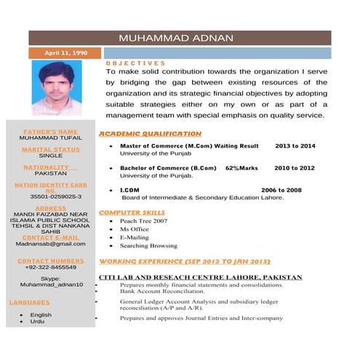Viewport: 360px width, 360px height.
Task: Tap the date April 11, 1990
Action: pyautogui.click(x=65, y=53)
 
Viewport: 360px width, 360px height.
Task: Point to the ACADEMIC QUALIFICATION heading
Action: pyautogui.click(x=150, y=134)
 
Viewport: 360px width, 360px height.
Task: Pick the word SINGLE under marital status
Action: pyautogui.click(x=50, y=156)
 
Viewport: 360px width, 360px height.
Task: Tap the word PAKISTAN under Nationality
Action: pyautogui.click(x=50, y=174)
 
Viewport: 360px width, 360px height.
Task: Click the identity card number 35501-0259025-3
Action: pyautogui.click(x=50, y=196)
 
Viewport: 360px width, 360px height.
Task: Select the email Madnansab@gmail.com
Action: pyautogui.click(x=50, y=244)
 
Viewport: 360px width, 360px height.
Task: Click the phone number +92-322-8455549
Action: pyautogui.click(x=50, y=267)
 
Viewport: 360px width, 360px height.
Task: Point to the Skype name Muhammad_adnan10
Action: pyautogui.click(x=50, y=284)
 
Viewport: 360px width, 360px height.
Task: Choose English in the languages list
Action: pyautogui.click(x=41, y=315)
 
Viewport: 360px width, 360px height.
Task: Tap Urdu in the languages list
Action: pyautogui.click(x=37, y=321)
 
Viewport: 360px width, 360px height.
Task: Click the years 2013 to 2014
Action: pyautogui.click(x=295, y=146)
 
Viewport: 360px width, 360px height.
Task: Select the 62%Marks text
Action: pyautogui.click(x=241, y=168)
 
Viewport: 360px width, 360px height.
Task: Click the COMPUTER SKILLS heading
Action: pyautogui.click(x=132, y=212)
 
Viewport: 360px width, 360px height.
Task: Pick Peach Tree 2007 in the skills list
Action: pyautogui.click(x=143, y=220)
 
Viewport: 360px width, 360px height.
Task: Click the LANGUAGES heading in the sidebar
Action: pyautogui.click(x=29, y=302)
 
